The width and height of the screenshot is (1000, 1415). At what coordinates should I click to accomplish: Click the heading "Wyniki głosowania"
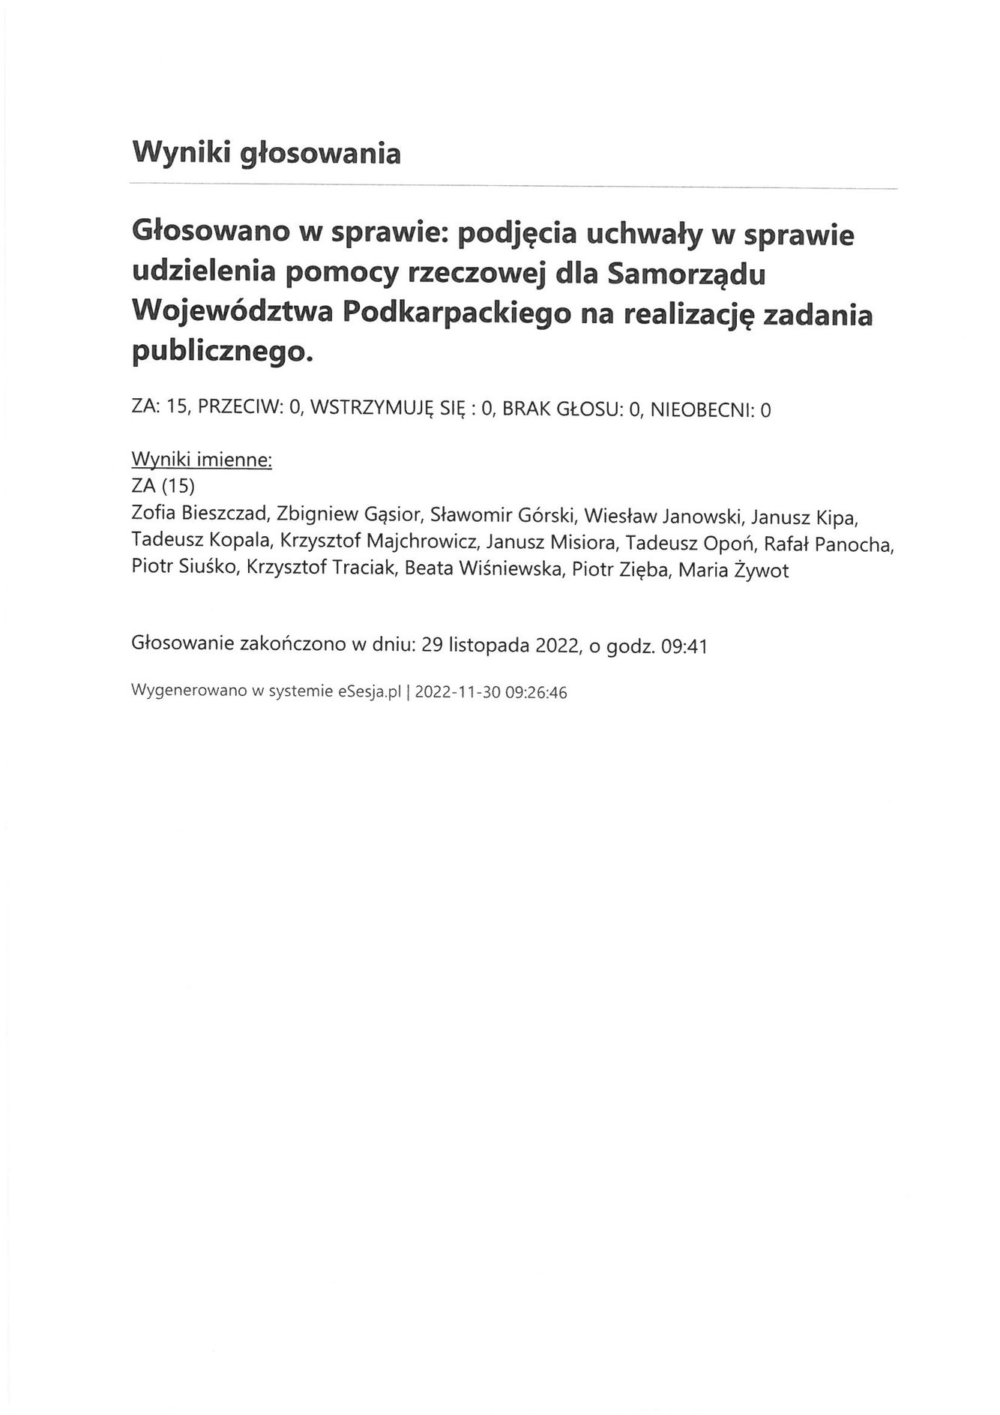point(266,153)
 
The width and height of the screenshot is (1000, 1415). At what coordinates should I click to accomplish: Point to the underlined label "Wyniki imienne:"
point(201,460)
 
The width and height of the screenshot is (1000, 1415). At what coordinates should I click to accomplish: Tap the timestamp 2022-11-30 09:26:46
point(490,693)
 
